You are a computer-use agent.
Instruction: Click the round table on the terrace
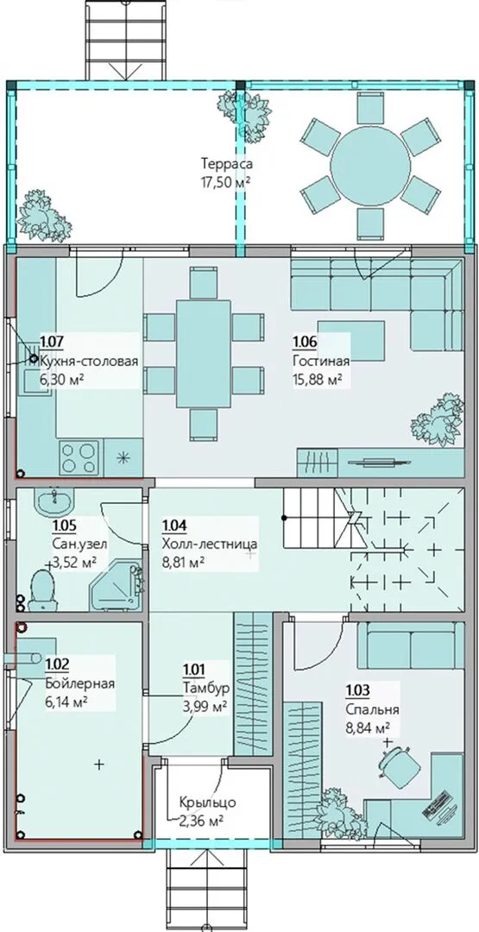pyautogui.click(x=370, y=165)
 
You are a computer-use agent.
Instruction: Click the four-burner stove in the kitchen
pyautogui.click(x=79, y=457)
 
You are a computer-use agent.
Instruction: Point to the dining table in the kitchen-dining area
pyautogui.click(x=203, y=354)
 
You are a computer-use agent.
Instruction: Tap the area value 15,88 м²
pyautogui.click(x=318, y=379)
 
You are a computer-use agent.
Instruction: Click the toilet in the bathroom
pyautogui.click(x=43, y=590)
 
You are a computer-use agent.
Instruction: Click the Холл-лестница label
pyautogui.click(x=209, y=544)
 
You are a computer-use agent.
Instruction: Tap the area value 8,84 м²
pyautogui.click(x=368, y=727)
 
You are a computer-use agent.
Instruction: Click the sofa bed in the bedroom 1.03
pyautogui.click(x=411, y=645)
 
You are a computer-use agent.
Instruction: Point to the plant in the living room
pyautogui.click(x=438, y=419)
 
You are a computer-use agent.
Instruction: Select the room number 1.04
pyautogui.click(x=173, y=525)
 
